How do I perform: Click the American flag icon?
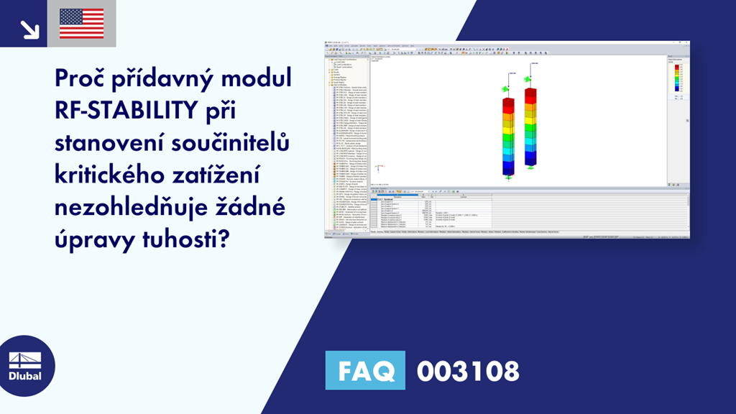[x=82, y=24]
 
